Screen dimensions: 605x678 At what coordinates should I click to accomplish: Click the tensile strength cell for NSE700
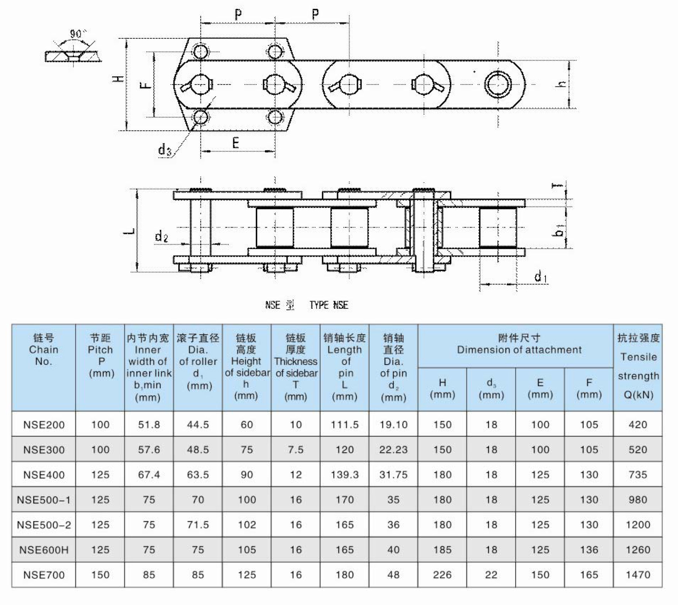click(637, 574)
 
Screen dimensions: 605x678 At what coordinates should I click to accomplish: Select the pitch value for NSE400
click(100, 474)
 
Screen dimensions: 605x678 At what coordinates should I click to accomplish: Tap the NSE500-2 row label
click(44, 525)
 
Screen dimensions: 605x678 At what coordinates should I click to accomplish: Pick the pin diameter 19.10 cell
click(393, 425)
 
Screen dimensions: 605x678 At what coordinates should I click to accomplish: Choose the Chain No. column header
click(44, 349)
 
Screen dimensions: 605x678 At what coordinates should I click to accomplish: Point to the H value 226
click(442, 574)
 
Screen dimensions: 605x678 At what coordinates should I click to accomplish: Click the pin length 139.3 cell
click(344, 474)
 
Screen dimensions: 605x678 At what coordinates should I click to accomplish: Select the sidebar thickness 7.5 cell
click(295, 449)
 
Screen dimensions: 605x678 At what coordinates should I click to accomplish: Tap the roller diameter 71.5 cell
click(198, 525)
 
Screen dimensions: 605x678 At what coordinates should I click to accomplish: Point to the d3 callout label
click(164, 150)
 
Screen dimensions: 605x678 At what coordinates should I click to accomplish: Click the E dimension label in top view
click(236, 143)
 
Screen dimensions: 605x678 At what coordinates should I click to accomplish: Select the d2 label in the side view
click(161, 236)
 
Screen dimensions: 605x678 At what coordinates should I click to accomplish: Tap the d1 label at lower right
click(540, 276)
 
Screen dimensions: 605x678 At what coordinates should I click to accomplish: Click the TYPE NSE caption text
click(328, 305)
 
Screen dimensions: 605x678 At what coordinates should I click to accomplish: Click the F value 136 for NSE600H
click(589, 550)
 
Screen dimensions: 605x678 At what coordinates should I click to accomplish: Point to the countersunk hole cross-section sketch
click(73, 56)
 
